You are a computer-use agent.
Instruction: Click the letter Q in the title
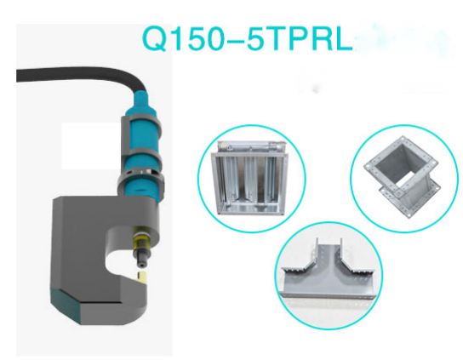[156, 39]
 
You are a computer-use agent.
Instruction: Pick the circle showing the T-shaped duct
[329, 277]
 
